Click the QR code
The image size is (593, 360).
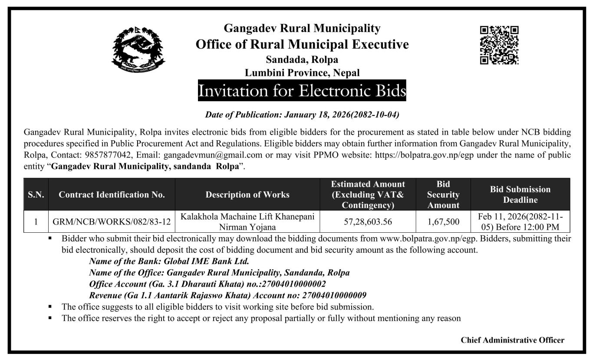[x=499, y=45]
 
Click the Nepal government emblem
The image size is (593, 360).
[x=139, y=50]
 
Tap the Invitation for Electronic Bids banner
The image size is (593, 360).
[x=302, y=91]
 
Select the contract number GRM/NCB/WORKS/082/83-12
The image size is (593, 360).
[x=112, y=222]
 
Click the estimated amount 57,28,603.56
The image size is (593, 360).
[x=368, y=222]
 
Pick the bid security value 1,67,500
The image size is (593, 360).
[x=443, y=222]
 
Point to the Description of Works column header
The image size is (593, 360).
[x=247, y=195]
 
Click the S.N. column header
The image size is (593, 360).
[x=36, y=195]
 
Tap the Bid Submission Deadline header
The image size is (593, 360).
[x=520, y=195]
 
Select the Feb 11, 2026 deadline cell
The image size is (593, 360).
[x=520, y=221]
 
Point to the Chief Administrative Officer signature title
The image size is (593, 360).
[x=512, y=340]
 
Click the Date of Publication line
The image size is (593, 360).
[x=302, y=115]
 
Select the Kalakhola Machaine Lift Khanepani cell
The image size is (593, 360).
[x=247, y=221]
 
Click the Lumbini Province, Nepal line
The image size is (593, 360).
[x=302, y=73]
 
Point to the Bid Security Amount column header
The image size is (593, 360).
[x=443, y=195]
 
